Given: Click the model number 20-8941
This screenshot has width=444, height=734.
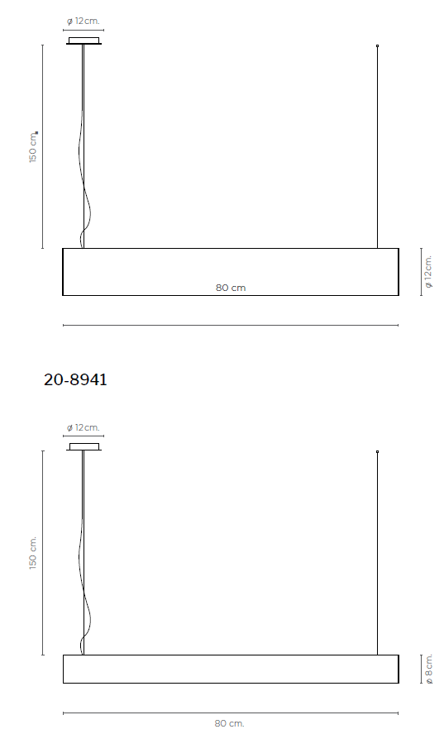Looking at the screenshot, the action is click(x=75, y=379).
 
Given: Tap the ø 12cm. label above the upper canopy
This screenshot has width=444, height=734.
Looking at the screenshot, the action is click(x=84, y=21).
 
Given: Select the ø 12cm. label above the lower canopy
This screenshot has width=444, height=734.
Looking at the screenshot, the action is click(x=84, y=427).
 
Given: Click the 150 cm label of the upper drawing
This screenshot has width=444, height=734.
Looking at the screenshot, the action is click(x=33, y=147).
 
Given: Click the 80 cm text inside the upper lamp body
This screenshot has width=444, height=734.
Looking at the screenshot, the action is click(x=231, y=288).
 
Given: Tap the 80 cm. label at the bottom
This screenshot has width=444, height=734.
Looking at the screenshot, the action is click(x=230, y=724).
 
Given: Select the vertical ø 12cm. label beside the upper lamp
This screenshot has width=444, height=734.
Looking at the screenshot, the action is click(x=428, y=271).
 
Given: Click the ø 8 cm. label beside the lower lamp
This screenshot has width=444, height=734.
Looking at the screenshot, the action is click(x=428, y=670).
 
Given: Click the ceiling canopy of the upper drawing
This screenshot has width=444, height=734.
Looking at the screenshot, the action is click(x=84, y=41).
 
